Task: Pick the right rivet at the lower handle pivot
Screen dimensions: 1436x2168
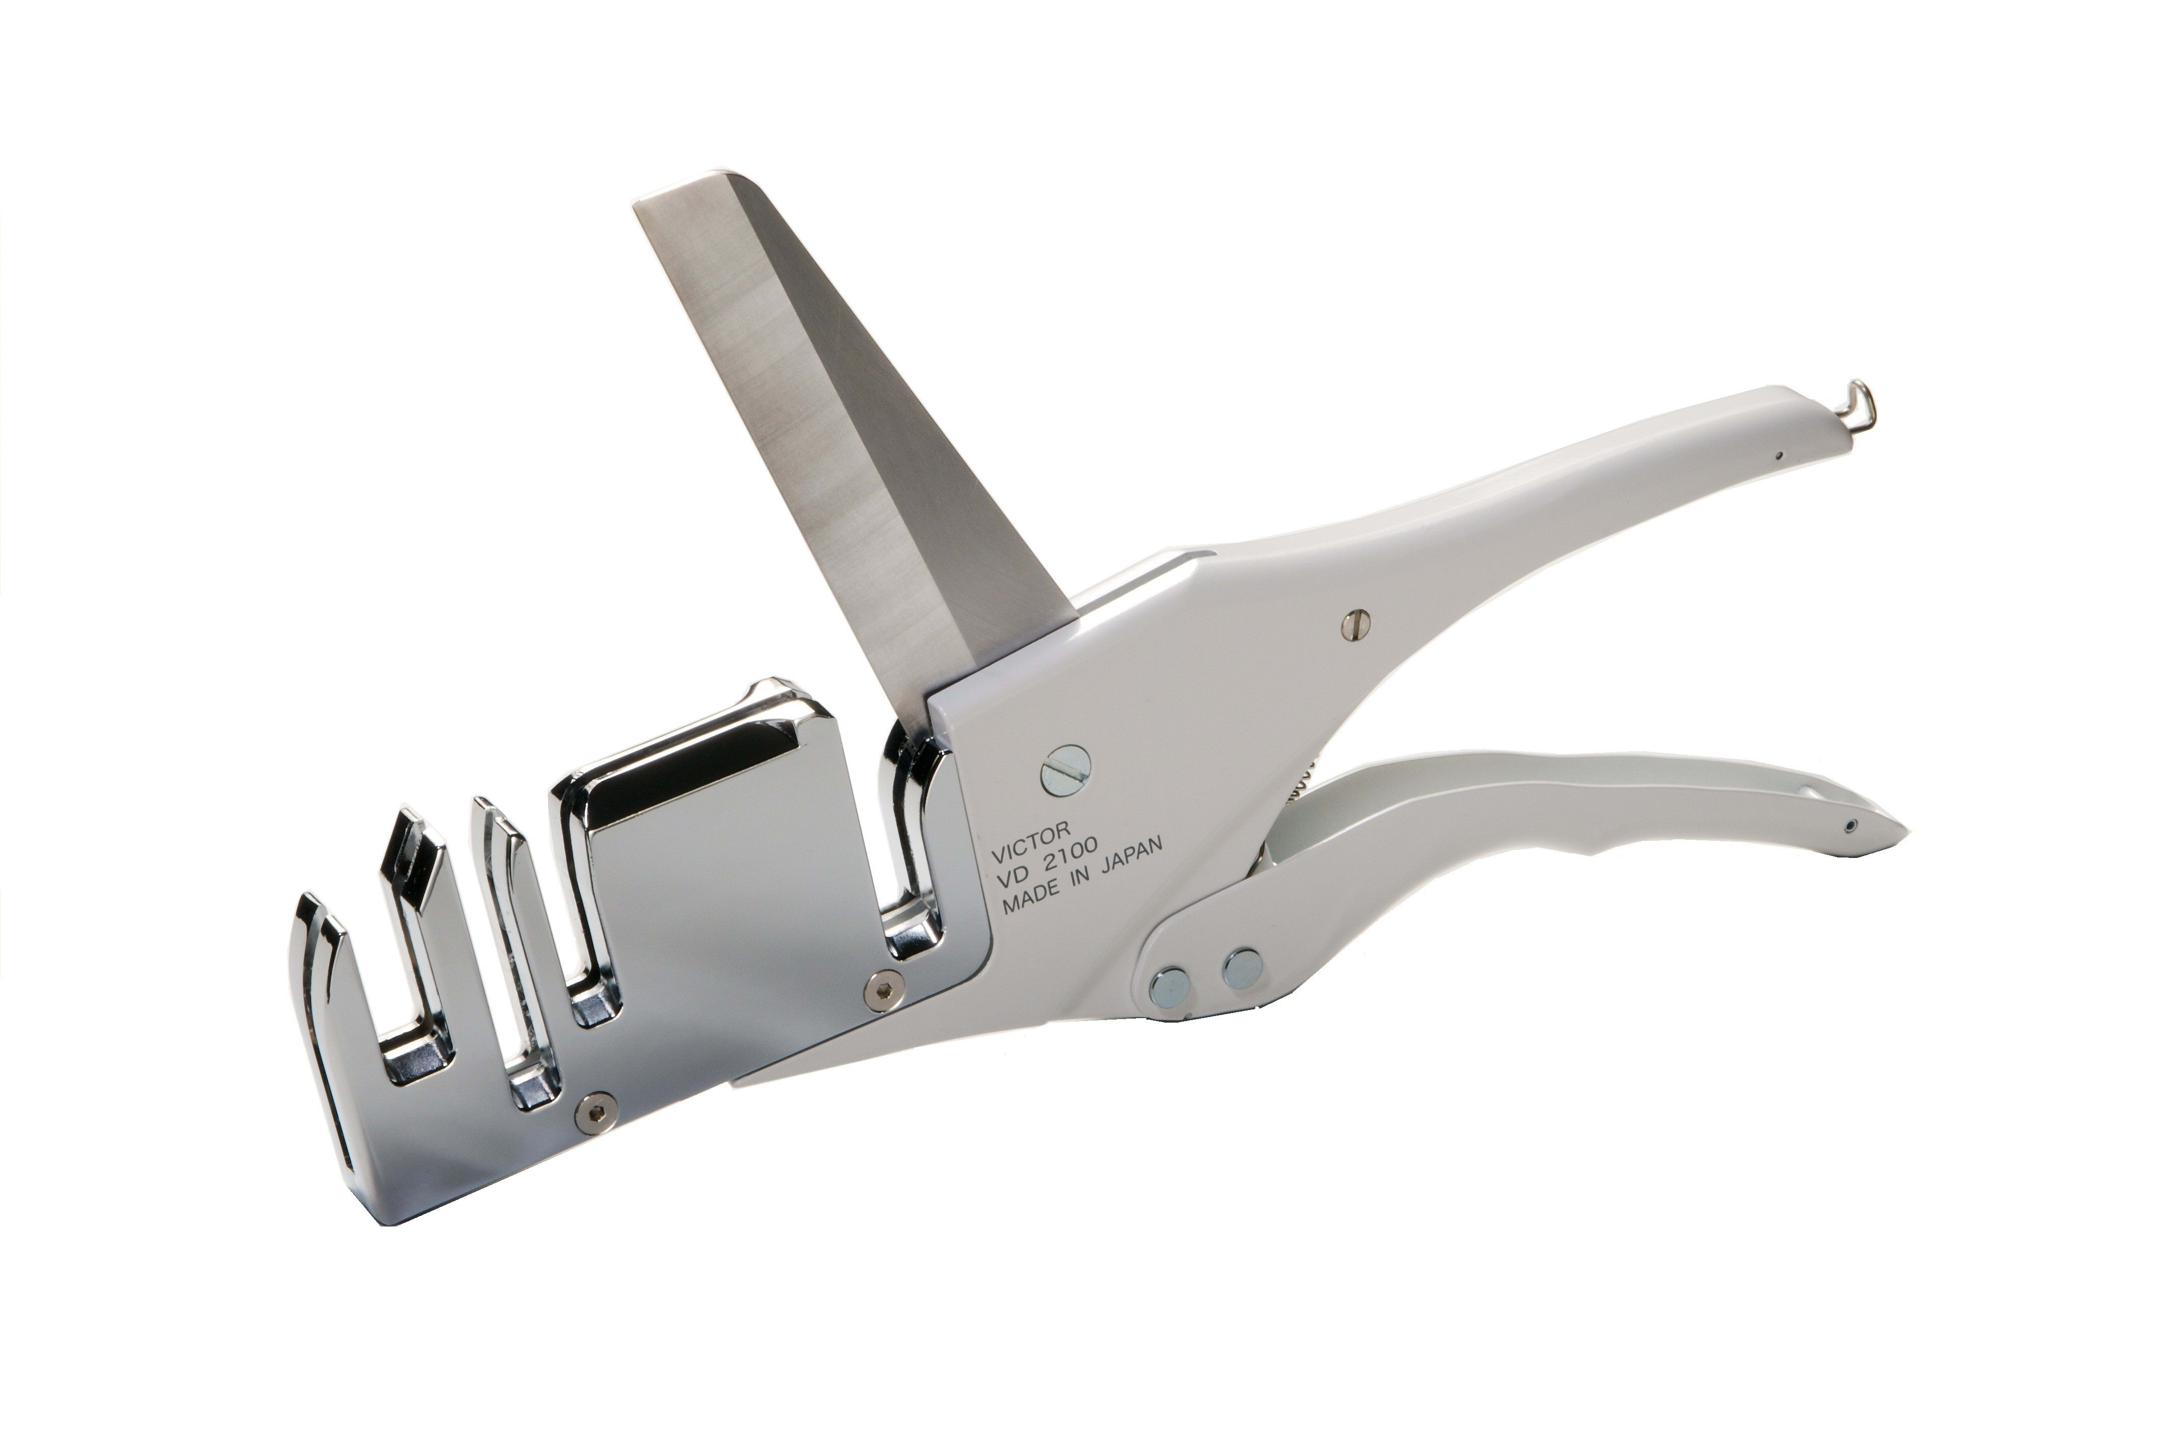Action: click(x=1243, y=967)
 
